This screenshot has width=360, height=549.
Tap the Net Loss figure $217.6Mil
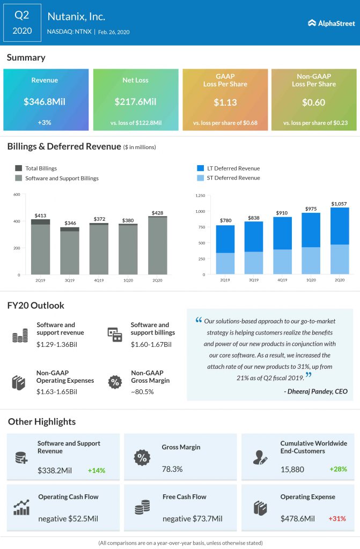point(136,101)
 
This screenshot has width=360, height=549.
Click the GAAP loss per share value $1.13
point(225,101)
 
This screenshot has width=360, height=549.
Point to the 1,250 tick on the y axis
point(201,195)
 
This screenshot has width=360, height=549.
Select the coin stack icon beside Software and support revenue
point(20,336)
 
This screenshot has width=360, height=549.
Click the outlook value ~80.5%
point(142,391)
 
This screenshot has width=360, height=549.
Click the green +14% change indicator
point(97,470)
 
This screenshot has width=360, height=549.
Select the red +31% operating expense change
point(337,518)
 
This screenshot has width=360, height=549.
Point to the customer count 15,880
point(292,470)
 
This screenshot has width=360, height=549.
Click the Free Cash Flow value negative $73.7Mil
point(192,518)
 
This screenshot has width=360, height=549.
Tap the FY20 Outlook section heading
point(36,306)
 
